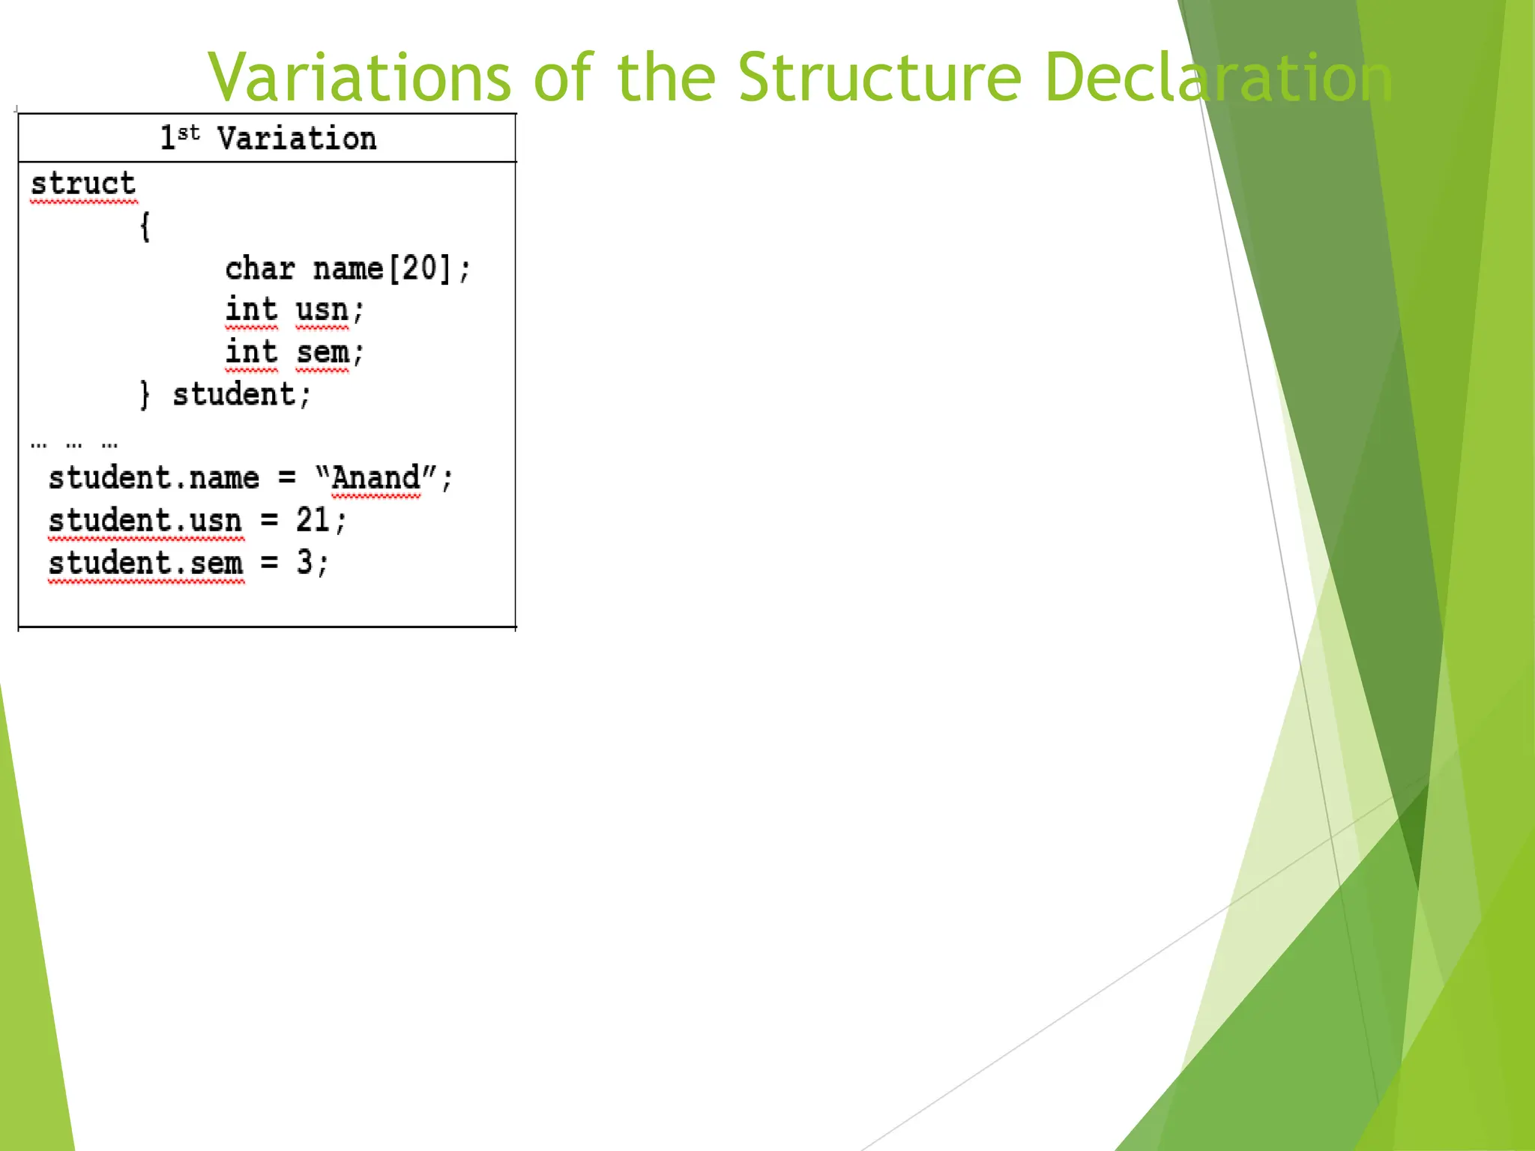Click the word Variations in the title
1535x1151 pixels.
(x=360, y=77)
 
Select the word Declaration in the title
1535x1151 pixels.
(x=1218, y=77)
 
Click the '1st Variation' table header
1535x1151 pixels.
(x=268, y=139)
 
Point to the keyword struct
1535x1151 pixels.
(x=83, y=184)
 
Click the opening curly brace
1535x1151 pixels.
(x=145, y=226)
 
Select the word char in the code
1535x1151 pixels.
(x=260, y=268)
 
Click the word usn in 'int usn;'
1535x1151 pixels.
(x=322, y=310)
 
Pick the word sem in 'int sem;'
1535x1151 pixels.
(x=322, y=352)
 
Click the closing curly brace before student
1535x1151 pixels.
(x=145, y=394)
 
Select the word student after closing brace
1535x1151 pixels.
(x=234, y=394)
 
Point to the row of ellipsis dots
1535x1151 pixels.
(x=74, y=444)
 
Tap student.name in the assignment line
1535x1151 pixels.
(x=154, y=478)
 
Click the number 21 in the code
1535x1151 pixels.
(x=312, y=520)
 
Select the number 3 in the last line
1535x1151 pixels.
(x=304, y=562)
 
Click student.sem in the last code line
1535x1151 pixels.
(x=146, y=563)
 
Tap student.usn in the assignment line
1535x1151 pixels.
(x=145, y=520)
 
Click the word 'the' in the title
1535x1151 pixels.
(x=666, y=77)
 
